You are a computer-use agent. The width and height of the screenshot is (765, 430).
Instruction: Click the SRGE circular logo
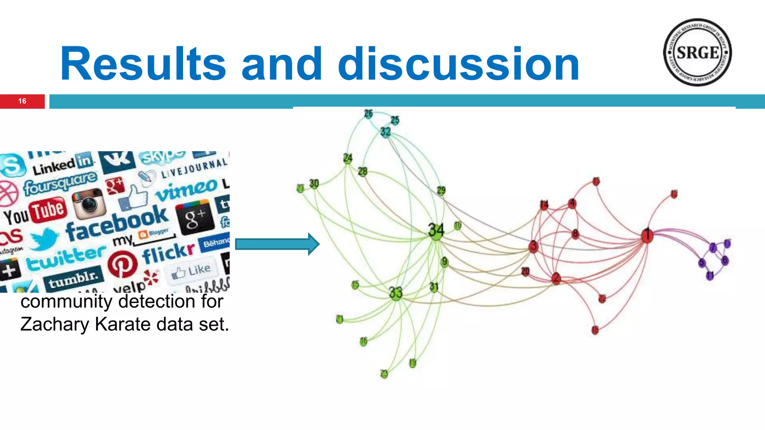click(x=697, y=52)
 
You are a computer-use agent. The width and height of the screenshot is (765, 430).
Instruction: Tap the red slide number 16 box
click(x=22, y=101)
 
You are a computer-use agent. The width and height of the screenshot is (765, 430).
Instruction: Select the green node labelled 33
click(x=396, y=293)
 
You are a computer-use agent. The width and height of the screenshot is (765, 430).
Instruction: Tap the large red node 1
click(x=647, y=236)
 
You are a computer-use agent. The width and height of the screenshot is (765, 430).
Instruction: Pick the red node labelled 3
click(x=533, y=246)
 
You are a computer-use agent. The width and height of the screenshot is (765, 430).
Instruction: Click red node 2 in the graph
click(x=556, y=278)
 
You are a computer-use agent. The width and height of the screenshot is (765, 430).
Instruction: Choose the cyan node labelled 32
click(x=385, y=132)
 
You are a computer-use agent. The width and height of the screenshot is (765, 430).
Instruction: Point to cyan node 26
click(x=369, y=113)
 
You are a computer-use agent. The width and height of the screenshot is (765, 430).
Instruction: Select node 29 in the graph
click(x=441, y=191)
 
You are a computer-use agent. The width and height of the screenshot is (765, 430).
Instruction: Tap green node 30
click(x=314, y=184)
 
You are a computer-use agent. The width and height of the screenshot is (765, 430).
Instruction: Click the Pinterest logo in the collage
click(x=122, y=264)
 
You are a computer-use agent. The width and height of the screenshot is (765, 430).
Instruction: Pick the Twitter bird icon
click(x=44, y=239)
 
